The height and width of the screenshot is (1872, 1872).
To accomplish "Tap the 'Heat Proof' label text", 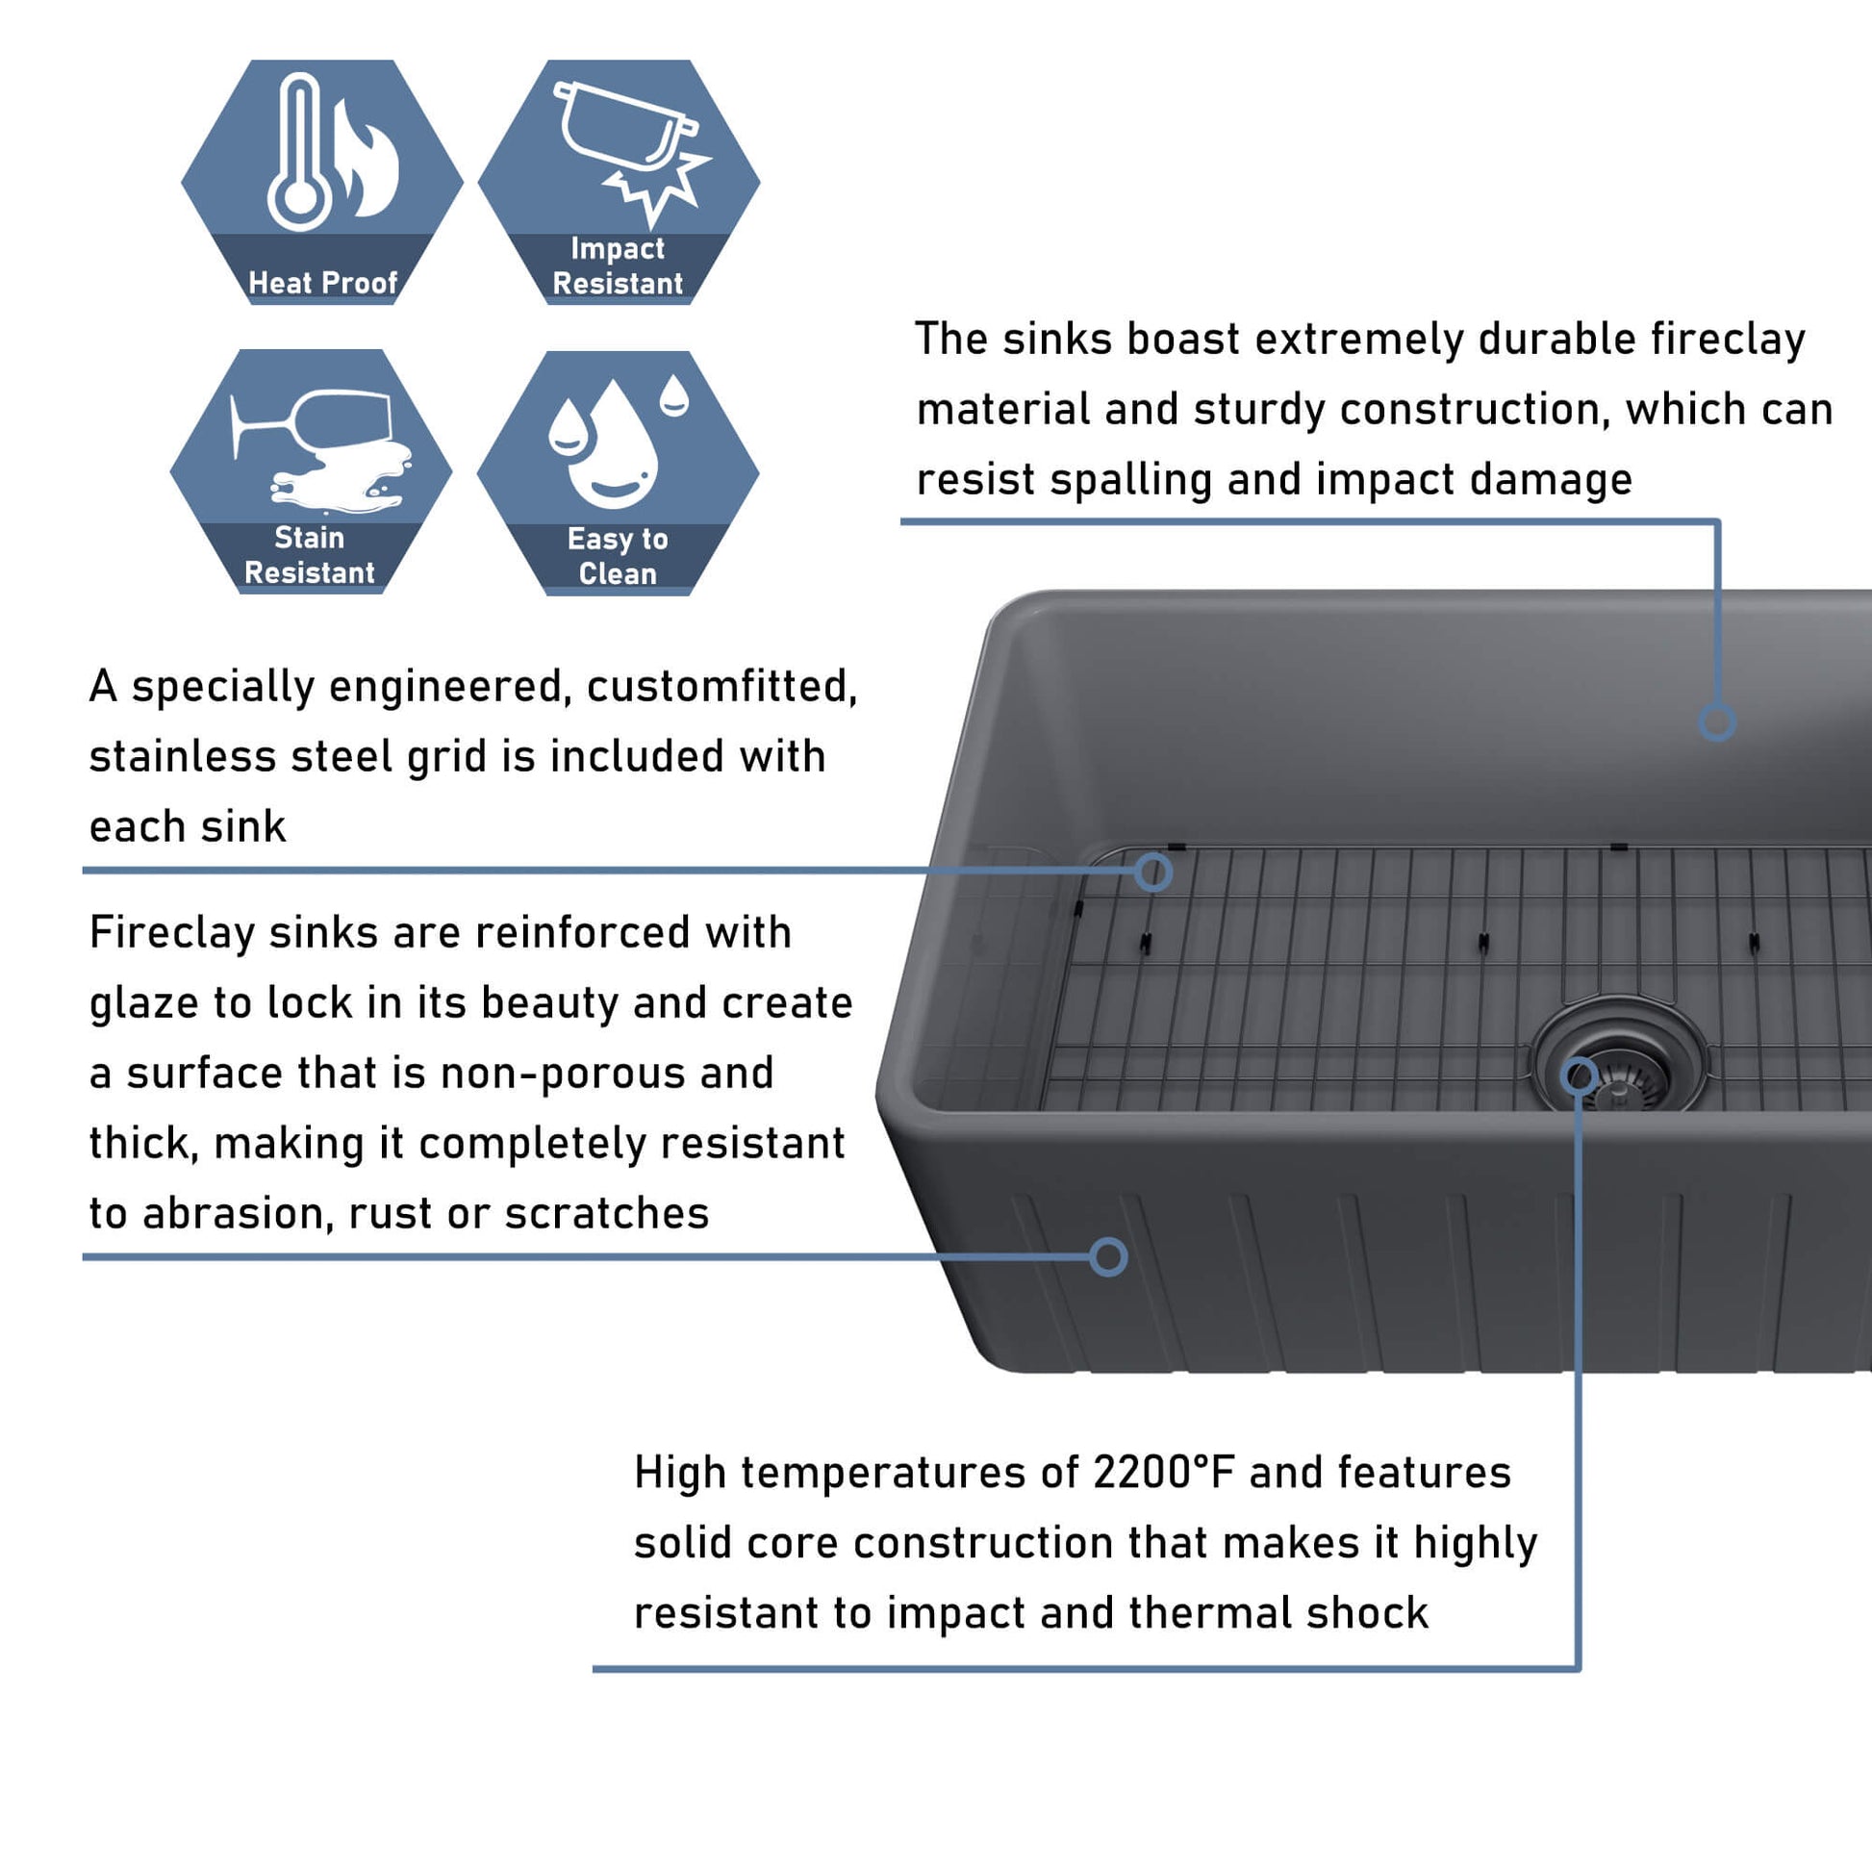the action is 322,283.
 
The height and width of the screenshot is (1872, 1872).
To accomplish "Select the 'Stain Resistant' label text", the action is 309,555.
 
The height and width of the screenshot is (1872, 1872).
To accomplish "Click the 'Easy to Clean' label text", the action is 618,556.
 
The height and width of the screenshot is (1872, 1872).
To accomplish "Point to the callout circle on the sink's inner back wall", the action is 1716,722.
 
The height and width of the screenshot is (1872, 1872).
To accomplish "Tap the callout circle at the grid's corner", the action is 1152,873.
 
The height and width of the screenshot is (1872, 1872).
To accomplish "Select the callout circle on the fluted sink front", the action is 1107,1256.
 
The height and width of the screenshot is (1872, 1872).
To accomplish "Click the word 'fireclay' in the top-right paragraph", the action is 1730,341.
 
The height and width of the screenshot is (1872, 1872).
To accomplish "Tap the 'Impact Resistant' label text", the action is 619,266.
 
